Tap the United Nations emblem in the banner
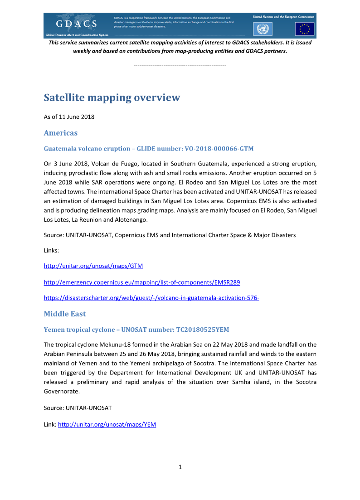click(262, 29)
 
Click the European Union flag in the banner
click(304, 29)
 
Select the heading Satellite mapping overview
click(112, 97)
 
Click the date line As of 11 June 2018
click(69, 117)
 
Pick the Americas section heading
click(60, 133)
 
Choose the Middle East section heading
click(65, 314)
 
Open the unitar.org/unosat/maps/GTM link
click(93, 266)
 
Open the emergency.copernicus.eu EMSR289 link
click(141, 282)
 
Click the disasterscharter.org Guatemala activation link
click(151, 298)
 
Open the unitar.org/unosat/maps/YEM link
click(107, 425)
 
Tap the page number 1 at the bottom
click(180, 467)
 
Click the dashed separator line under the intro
click(180, 66)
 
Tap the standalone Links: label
click(52, 250)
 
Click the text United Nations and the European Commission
click(283, 16)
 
